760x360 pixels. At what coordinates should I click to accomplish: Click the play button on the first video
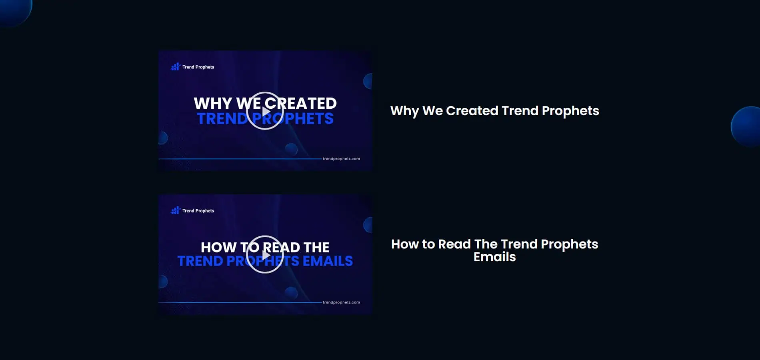click(265, 111)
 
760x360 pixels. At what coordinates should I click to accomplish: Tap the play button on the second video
click(265, 254)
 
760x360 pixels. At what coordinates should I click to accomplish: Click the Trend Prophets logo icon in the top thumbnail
click(176, 67)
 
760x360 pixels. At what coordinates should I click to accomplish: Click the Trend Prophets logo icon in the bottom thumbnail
click(176, 210)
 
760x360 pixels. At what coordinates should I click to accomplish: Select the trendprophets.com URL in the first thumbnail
click(341, 159)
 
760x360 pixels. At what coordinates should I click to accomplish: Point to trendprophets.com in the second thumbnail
click(341, 302)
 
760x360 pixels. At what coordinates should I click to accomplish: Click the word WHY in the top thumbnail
click(213, 103)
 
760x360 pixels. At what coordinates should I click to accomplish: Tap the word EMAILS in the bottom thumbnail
click(328, 261)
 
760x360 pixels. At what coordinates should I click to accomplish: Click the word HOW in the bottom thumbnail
click(218, 247)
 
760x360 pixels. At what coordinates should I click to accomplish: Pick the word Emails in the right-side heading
click(495, 257)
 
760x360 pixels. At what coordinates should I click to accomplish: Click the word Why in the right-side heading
click(404, 111)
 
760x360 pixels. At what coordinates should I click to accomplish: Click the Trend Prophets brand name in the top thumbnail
click(198, 67)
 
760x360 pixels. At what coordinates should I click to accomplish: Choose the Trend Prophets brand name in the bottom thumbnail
click(198, 211)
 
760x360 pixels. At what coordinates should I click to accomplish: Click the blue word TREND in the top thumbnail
click(222, 118)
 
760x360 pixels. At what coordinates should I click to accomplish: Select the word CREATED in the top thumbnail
click(300, 103)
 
